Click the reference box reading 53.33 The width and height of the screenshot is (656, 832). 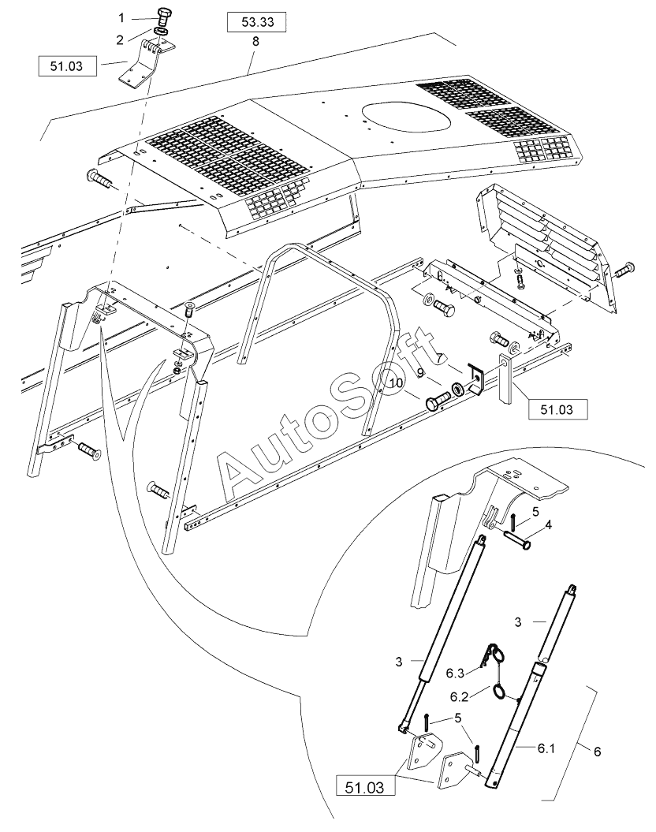(x=255, y=22)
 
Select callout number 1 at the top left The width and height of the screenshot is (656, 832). (x=121, y=17)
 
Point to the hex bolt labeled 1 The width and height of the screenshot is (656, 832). (x=164, y=16)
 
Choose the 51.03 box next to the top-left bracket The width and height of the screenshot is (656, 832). (x=67, y=65)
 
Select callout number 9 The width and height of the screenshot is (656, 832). (x=421, y=371)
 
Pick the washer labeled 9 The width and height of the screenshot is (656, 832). (x=458, y=390)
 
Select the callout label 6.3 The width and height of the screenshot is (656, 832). (x=455, y=673)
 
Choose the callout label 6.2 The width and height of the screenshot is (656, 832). (x=460, y=697)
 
